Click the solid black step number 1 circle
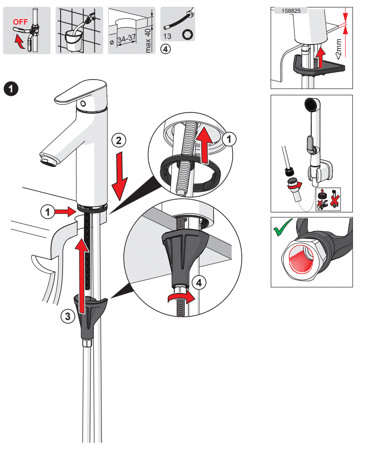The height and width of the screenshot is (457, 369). click(x=11, y=89)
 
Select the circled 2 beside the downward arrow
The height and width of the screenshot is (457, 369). click(x=118, y=140)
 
